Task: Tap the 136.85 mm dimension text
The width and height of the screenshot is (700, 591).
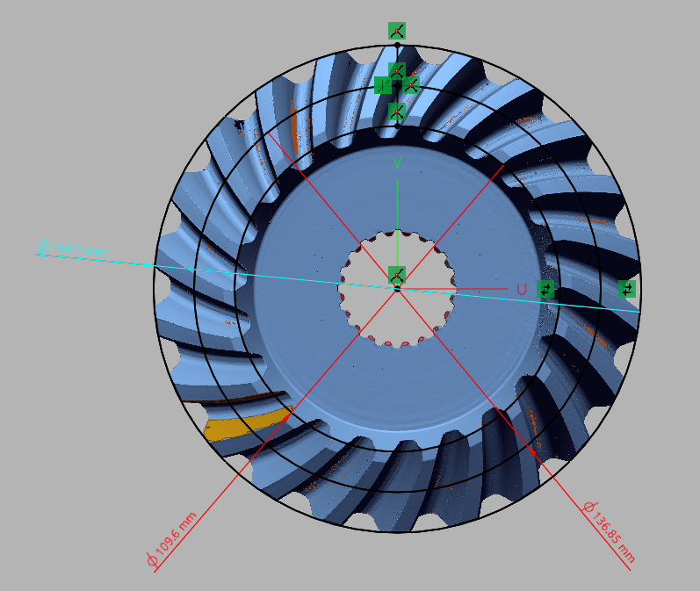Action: tap(613, 534)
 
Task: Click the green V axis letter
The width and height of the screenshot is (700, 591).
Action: tap(398, 163)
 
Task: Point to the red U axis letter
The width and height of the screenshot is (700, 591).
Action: tap(521, 289)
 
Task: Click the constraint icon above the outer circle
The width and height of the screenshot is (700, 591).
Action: tap(397, 31)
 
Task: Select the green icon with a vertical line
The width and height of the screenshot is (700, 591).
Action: tap(382, 84)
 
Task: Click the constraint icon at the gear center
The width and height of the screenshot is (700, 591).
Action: tap(397, 275)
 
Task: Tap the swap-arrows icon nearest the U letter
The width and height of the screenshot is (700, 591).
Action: tap(547, 288)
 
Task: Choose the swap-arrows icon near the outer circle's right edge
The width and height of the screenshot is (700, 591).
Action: tap(626, 288)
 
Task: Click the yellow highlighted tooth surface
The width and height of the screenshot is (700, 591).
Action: tap(246, 423)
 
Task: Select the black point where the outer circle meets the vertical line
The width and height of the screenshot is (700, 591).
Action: tap(397, 44)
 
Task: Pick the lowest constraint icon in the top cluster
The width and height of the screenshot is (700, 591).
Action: tap(397, 112)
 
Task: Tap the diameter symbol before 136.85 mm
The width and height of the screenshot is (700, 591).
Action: tap(588, 508)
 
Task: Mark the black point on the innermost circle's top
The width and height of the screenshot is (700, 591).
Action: tap(397, 125)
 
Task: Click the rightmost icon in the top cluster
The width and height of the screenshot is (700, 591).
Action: tap(411, 84)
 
